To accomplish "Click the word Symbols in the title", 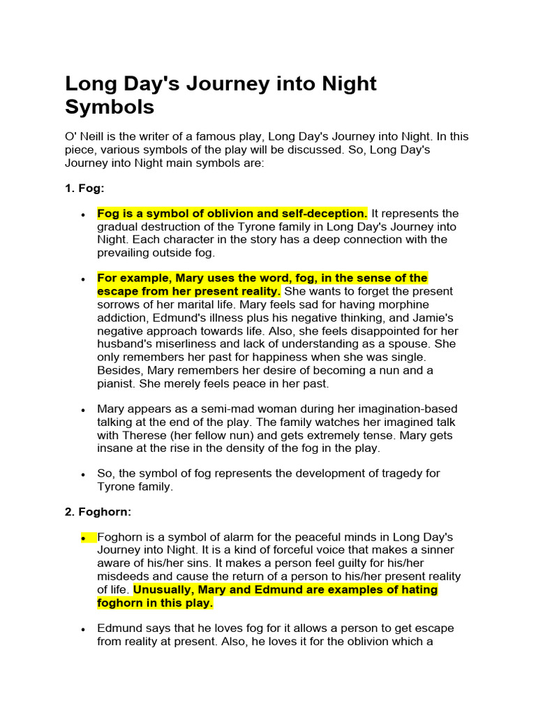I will pyautogui.click(x=109, y=108).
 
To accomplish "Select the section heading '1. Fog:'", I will pyautogui.click(x=84, y=189).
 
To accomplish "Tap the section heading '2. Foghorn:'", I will pyautogui.click(x=98, y=512).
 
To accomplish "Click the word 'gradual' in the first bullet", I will pyautogui.click(x=117, y=227).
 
